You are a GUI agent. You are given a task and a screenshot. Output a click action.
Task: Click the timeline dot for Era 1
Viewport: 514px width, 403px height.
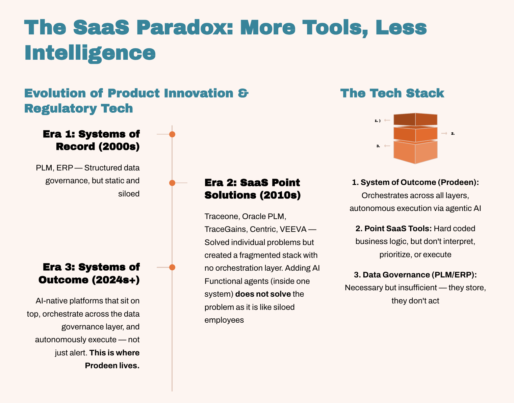point(172,134)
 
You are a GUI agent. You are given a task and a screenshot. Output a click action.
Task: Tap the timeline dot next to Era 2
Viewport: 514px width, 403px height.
point(172,183)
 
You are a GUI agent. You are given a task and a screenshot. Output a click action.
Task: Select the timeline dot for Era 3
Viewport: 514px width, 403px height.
point(172,267)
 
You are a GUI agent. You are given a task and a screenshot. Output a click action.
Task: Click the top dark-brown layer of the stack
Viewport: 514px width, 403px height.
point(415,119)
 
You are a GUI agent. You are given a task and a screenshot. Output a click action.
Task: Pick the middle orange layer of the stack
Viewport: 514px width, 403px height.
point(415,134)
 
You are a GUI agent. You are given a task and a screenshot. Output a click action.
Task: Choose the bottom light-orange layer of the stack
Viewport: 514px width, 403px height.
point(415,152)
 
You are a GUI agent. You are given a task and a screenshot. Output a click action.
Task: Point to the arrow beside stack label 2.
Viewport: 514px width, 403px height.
point(444,134)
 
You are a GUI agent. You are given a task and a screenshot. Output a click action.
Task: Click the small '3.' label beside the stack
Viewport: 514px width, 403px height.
point(378,146)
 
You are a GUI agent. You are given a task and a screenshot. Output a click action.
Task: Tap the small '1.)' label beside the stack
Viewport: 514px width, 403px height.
point(378,121)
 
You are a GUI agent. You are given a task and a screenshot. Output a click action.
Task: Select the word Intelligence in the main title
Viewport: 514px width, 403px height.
point(90,53)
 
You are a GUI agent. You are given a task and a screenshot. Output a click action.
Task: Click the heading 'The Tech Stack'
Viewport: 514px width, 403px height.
point(392,93)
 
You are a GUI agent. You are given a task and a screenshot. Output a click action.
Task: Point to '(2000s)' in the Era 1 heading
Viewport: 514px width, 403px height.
point(119,146)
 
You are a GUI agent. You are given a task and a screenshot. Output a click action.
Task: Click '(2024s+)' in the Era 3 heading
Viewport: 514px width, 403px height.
point(116,280)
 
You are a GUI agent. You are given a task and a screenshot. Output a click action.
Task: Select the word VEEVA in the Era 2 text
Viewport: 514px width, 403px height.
point(293,229)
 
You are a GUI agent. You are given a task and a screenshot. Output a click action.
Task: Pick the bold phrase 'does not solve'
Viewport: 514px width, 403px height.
point(263,294)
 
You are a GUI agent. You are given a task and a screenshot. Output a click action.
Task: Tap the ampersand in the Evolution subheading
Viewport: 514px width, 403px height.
point(243,93)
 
